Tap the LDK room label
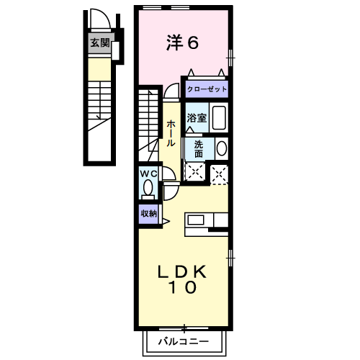pyautogui.click(x=183, y=271)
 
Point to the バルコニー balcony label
pyautogui.click(x=183, y=341)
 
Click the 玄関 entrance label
pyautogui.click(x=100, y=42)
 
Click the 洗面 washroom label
pyautogui.click(x=198, y=148)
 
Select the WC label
pyautogui.click(x=148, y=174)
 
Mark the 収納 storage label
pyautogui.click(x=148, y=213)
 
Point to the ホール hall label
pyautogui.click(x=170, y=134)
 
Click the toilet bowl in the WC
pyautogui.click(x=148, y=188)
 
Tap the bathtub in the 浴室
pyautogui.click(x=220, y=118)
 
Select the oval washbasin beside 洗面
pyautogui.click(x=221, y=148)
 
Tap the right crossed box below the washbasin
pyautogui.click(x=219, y=172)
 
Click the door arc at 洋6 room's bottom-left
pyautogui.click(x=171, y=91)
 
